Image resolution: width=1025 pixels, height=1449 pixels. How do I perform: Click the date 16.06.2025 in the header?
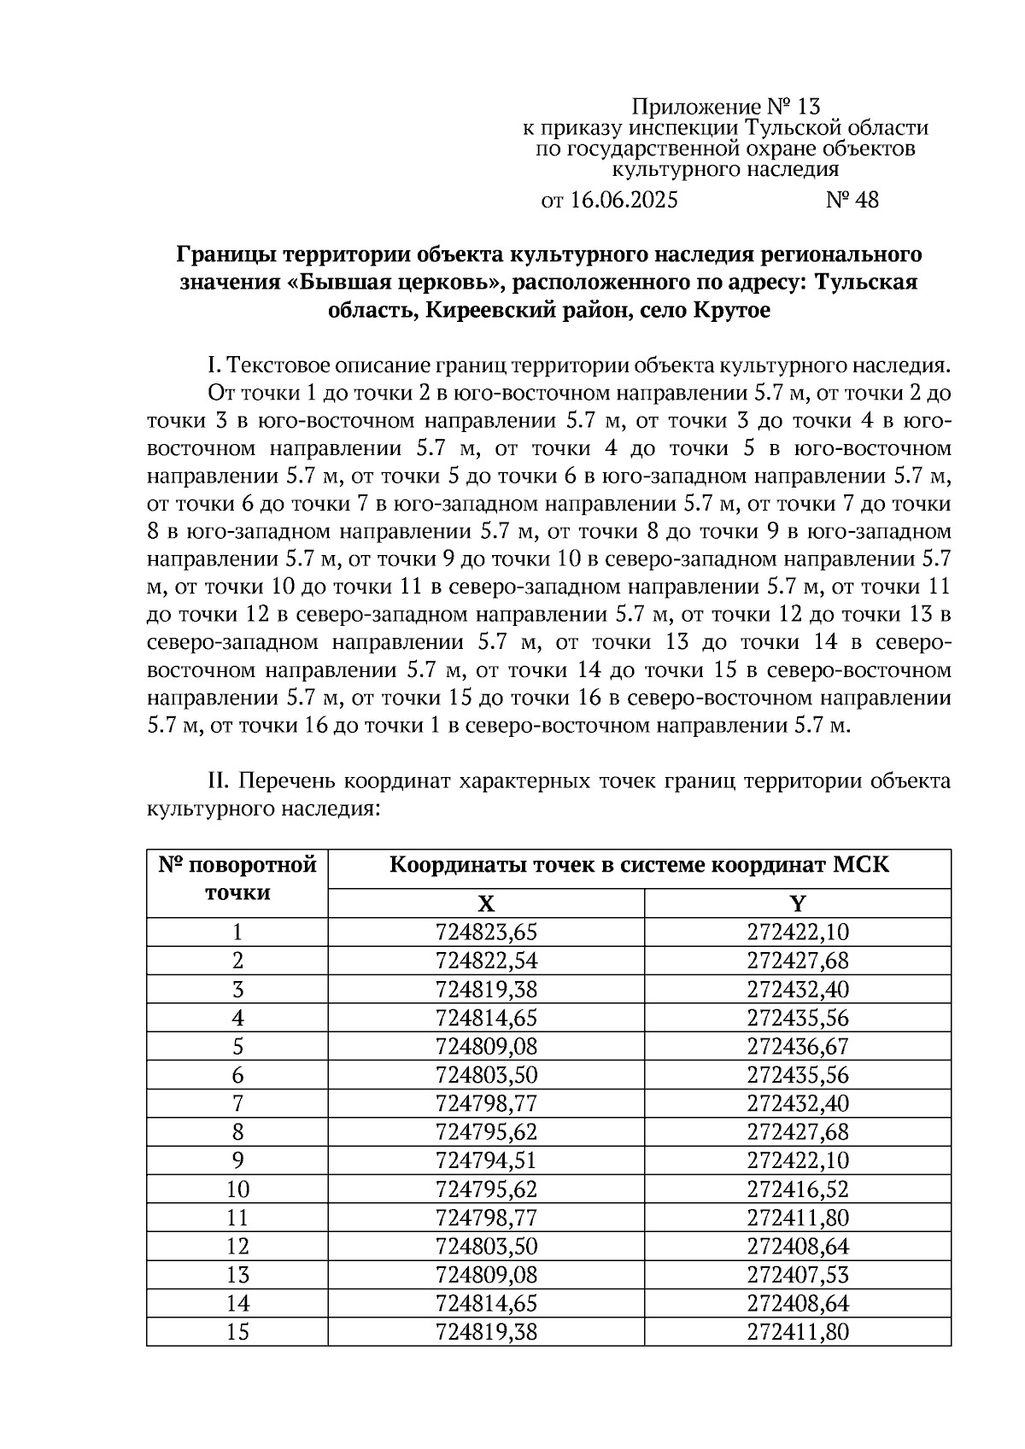623,201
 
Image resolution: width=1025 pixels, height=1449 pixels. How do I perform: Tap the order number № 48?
852,201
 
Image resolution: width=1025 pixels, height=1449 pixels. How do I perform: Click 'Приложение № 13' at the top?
725,107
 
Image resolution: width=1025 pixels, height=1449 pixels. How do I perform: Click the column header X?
485,904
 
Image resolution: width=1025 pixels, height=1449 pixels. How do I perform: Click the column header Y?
797,904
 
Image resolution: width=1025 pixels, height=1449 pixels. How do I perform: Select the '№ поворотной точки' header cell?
237,879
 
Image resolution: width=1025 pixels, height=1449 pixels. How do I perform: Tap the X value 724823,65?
486,932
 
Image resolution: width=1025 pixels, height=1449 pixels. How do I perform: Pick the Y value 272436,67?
798,1047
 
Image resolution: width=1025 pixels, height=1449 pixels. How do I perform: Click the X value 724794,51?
486,1160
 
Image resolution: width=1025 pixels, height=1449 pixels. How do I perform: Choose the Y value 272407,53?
798,1275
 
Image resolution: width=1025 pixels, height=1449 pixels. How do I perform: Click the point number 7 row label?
237,1103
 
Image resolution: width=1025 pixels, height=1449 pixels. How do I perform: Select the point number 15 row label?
237,1331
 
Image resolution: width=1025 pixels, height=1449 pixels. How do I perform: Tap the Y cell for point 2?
798,961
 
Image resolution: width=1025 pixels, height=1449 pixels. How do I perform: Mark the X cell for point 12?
486,1246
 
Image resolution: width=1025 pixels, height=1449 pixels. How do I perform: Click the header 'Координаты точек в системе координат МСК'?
639,866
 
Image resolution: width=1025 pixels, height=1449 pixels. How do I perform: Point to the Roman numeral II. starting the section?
220,781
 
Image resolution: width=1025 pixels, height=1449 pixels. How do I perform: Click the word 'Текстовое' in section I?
278,366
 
